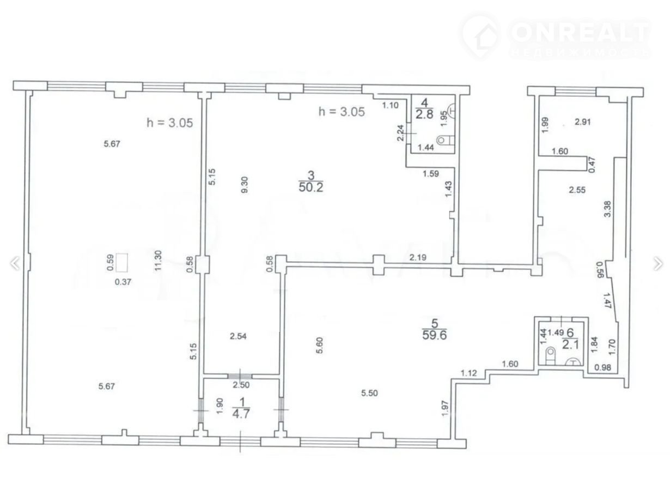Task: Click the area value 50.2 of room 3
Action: (311, 187)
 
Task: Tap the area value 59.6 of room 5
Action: (434, 335)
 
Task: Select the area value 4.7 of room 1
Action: (241, 413)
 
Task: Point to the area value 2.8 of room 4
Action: (424, 114)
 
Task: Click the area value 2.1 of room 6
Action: (570, 344)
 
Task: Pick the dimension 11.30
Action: (158, 260)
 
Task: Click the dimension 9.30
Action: (244, 184)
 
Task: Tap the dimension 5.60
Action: (320, 345)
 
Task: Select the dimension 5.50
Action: (369, 393)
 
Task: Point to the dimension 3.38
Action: (607, 209)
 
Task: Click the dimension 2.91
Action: (582, 122)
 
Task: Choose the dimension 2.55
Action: (577, 190)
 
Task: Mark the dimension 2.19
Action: (418, 257)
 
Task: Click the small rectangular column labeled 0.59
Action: (122, 263)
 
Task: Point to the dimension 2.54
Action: (238, 336)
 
